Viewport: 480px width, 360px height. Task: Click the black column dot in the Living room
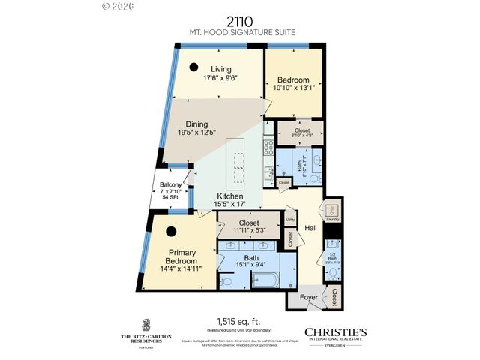click(193, 66)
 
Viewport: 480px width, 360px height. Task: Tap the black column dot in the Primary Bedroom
click(172, 231)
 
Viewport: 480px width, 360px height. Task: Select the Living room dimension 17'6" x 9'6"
click(220, 78)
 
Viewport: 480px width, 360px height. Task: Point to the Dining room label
click(193, 124)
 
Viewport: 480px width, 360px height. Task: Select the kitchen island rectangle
click(239, 162)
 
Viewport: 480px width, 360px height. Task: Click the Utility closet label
click(290, 220)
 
